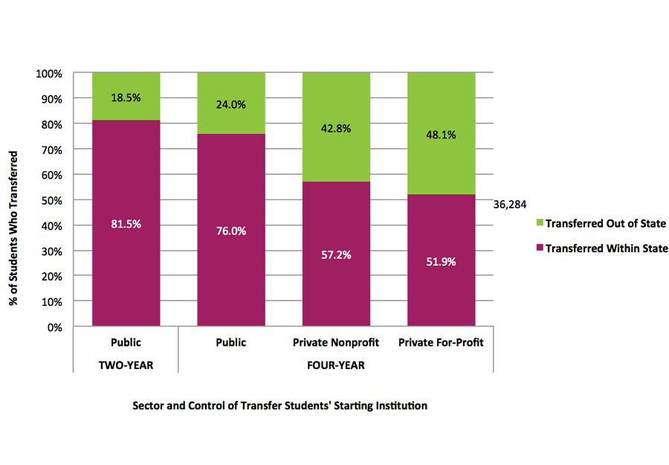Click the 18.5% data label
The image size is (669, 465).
point(126,97)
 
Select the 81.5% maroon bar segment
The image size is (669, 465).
point(126,253)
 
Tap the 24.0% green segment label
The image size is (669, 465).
point(230,105)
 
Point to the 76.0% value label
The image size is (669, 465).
point(230,231)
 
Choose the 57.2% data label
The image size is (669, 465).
point(336,254)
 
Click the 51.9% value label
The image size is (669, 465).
point(442,262)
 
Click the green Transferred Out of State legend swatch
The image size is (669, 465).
point(540,223)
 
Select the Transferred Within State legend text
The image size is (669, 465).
point(607,248)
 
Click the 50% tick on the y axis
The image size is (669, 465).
point(52,200)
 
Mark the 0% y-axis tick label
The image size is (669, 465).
point(55,327)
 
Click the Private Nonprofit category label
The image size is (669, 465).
point(336,343)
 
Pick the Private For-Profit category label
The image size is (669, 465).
point(442,343)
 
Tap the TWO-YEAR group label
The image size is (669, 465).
point(126,365)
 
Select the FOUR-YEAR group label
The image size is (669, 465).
point(336,365)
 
